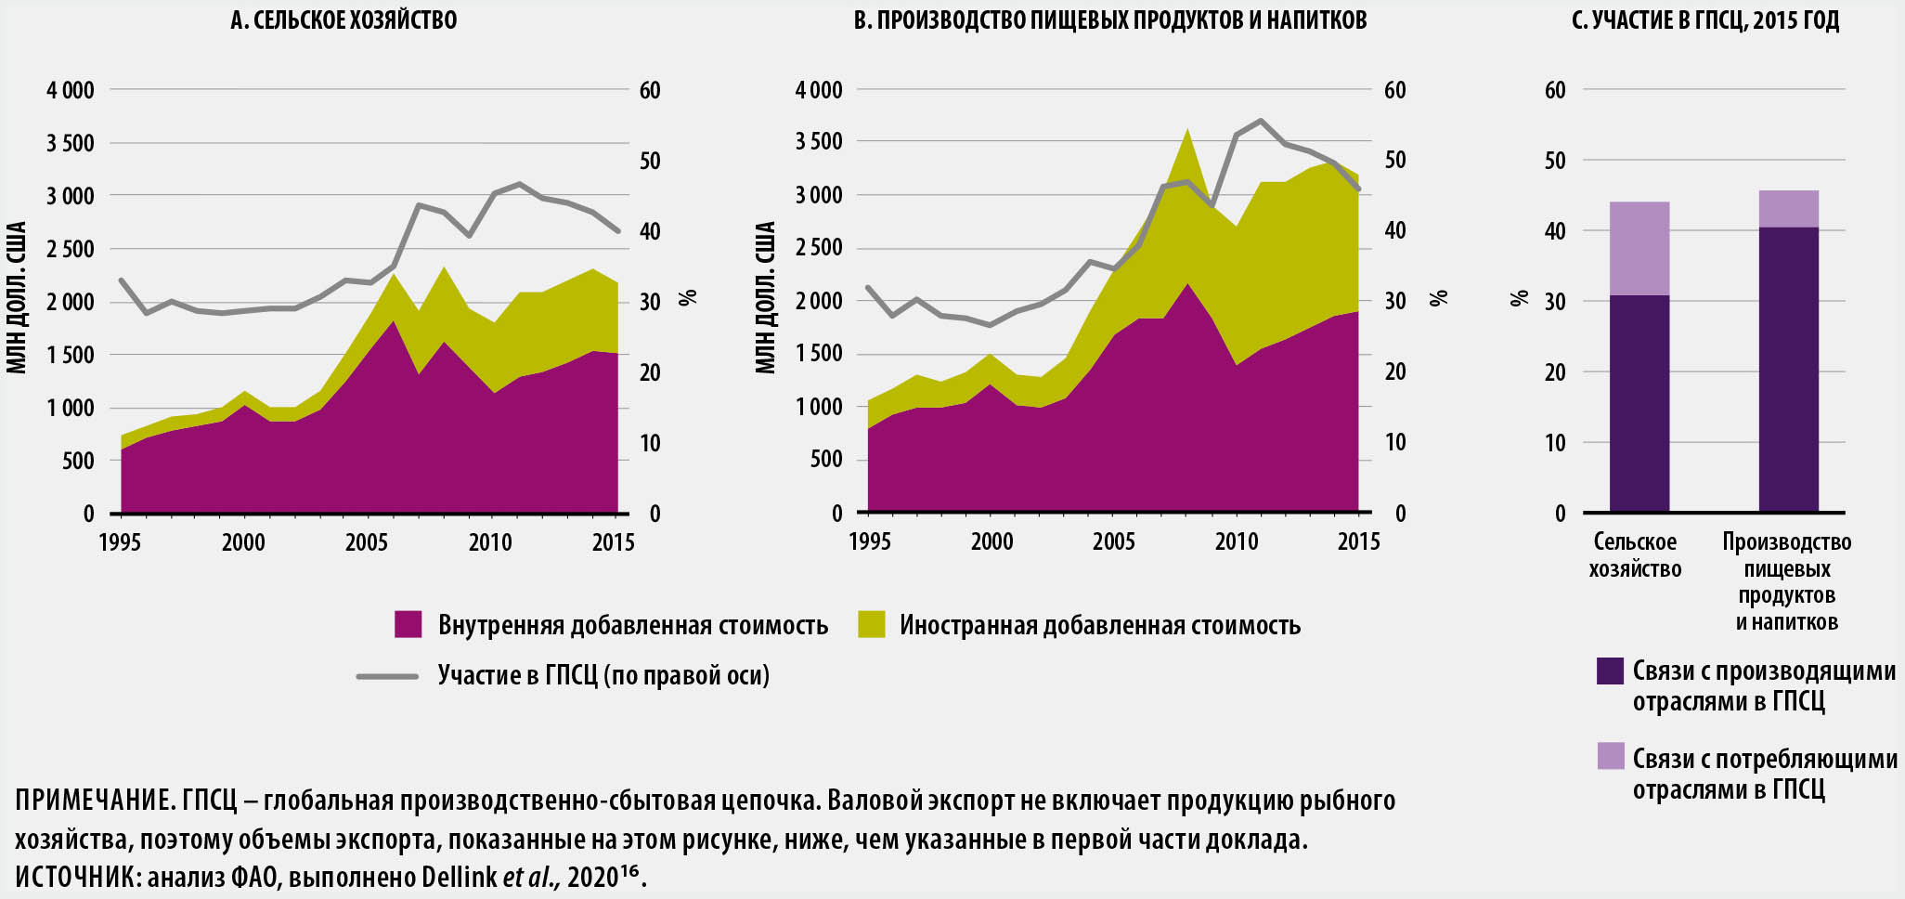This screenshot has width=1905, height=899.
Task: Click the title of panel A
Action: pos(343,20)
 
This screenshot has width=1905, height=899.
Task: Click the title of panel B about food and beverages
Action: pos(1109,20)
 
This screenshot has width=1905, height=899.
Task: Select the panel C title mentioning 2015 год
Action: pos(1704,20)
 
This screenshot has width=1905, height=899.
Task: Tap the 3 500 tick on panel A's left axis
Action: pos(71,143)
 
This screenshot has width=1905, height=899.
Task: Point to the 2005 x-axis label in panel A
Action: pos(367,542)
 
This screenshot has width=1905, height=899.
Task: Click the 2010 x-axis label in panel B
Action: pos(1237,542)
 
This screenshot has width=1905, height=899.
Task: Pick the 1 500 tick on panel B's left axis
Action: pos(818,354)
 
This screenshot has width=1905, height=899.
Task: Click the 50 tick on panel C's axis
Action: pos(1555,161)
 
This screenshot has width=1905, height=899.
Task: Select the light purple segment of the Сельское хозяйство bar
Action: pos(1639,248)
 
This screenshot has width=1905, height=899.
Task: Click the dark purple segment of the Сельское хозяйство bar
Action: pos(1639,404)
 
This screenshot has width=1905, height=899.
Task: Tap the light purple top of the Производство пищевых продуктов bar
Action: pos(1789,209)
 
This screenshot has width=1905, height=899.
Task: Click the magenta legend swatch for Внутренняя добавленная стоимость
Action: pos(408,625)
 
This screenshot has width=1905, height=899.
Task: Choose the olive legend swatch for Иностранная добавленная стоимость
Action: pos(871,625)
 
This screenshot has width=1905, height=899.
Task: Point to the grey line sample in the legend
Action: pos(387,676)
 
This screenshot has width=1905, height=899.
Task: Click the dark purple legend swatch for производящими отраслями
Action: pos(1610,671)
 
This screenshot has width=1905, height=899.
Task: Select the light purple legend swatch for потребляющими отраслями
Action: pos(1610,757)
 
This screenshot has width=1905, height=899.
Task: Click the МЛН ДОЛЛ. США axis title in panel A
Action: pos(17,297)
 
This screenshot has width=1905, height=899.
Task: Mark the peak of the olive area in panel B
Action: pos(1187,131)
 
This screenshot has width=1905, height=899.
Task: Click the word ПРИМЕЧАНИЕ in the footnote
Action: pos(90,801)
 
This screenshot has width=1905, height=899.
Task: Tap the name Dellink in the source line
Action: pos(460,877)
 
